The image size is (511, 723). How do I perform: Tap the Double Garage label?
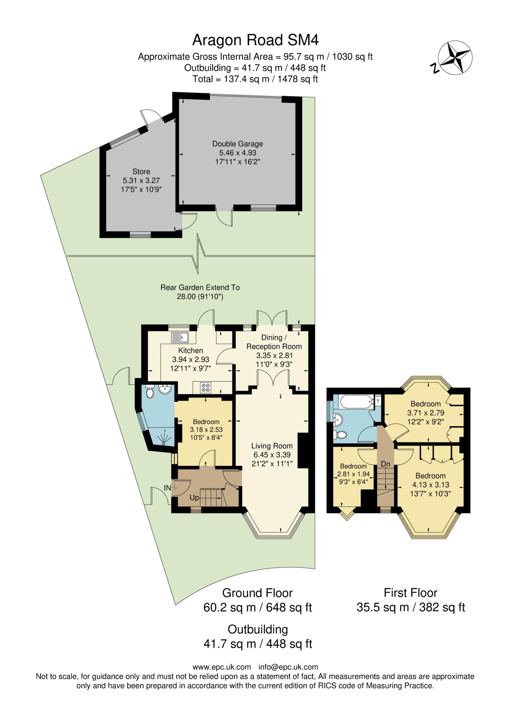click(x=237, y=144)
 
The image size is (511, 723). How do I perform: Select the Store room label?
click(x=141, y=172)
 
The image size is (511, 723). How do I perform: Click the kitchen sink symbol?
click(x=180, y=337)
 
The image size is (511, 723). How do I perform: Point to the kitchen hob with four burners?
click(x=206, y=388)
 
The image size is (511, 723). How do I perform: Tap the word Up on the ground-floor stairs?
click(x=195, y=498)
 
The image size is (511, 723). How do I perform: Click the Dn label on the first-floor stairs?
click(x=385, y=464)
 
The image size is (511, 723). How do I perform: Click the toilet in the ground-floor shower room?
click(x=150, y=392)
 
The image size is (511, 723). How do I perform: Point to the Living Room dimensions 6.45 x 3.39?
click(x=272, y=455)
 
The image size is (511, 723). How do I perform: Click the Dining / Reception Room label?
click(x=274, y=342)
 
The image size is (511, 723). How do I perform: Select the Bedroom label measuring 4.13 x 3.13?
click(x=430, y=476)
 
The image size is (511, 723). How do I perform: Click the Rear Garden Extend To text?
click(x=200, y=287)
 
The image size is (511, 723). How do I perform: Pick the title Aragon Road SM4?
click(x=255, y=40)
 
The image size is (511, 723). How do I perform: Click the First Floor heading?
click(x=410, y=592)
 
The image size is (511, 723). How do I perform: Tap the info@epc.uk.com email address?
click(x=288, y=667)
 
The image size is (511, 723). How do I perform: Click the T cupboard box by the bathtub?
click(x=378, y=401)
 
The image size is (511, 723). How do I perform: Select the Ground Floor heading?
click(x=257, y=592)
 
